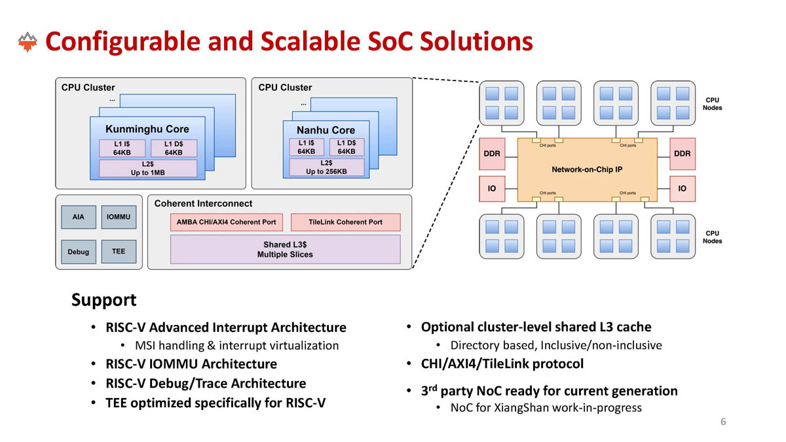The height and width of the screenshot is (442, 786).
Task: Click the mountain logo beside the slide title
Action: click(x=27, y=43)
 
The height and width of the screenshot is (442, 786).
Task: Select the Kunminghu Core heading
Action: click(x=147, y=128)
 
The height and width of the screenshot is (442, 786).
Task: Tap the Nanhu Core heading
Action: click(x=326, y=130)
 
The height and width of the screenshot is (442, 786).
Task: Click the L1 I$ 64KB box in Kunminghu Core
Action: click(x=122, y=148)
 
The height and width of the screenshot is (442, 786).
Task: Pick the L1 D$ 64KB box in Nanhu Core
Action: click(x=346, y=147)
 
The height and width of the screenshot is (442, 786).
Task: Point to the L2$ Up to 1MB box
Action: click(x=147, y=168)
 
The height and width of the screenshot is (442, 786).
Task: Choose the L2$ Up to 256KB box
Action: click(x=326, y=167)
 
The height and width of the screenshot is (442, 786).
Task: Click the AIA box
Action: click(x=79, y=217)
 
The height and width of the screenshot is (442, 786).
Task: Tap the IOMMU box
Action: click(x=119, y=217)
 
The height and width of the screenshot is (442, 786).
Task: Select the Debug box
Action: click(x=79, y=251)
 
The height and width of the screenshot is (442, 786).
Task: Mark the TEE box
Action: click(x=119, y=251)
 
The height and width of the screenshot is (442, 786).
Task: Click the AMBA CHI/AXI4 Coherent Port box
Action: click(x=227, y=222)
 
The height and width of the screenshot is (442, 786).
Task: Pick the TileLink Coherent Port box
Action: click(x=345, y=222)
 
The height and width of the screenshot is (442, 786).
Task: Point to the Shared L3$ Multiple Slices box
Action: click(x=285, y=249)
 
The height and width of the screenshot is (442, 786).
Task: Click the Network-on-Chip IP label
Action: click(x=587, y=169)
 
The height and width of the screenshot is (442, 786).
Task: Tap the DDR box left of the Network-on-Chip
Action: click(x=492, y=154)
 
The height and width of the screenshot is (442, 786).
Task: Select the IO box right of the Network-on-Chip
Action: click(x=682, y=189)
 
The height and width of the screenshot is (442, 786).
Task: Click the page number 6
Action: click(x=723, y=422)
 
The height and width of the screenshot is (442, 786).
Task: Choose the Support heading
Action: click(x=103, y=301)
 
